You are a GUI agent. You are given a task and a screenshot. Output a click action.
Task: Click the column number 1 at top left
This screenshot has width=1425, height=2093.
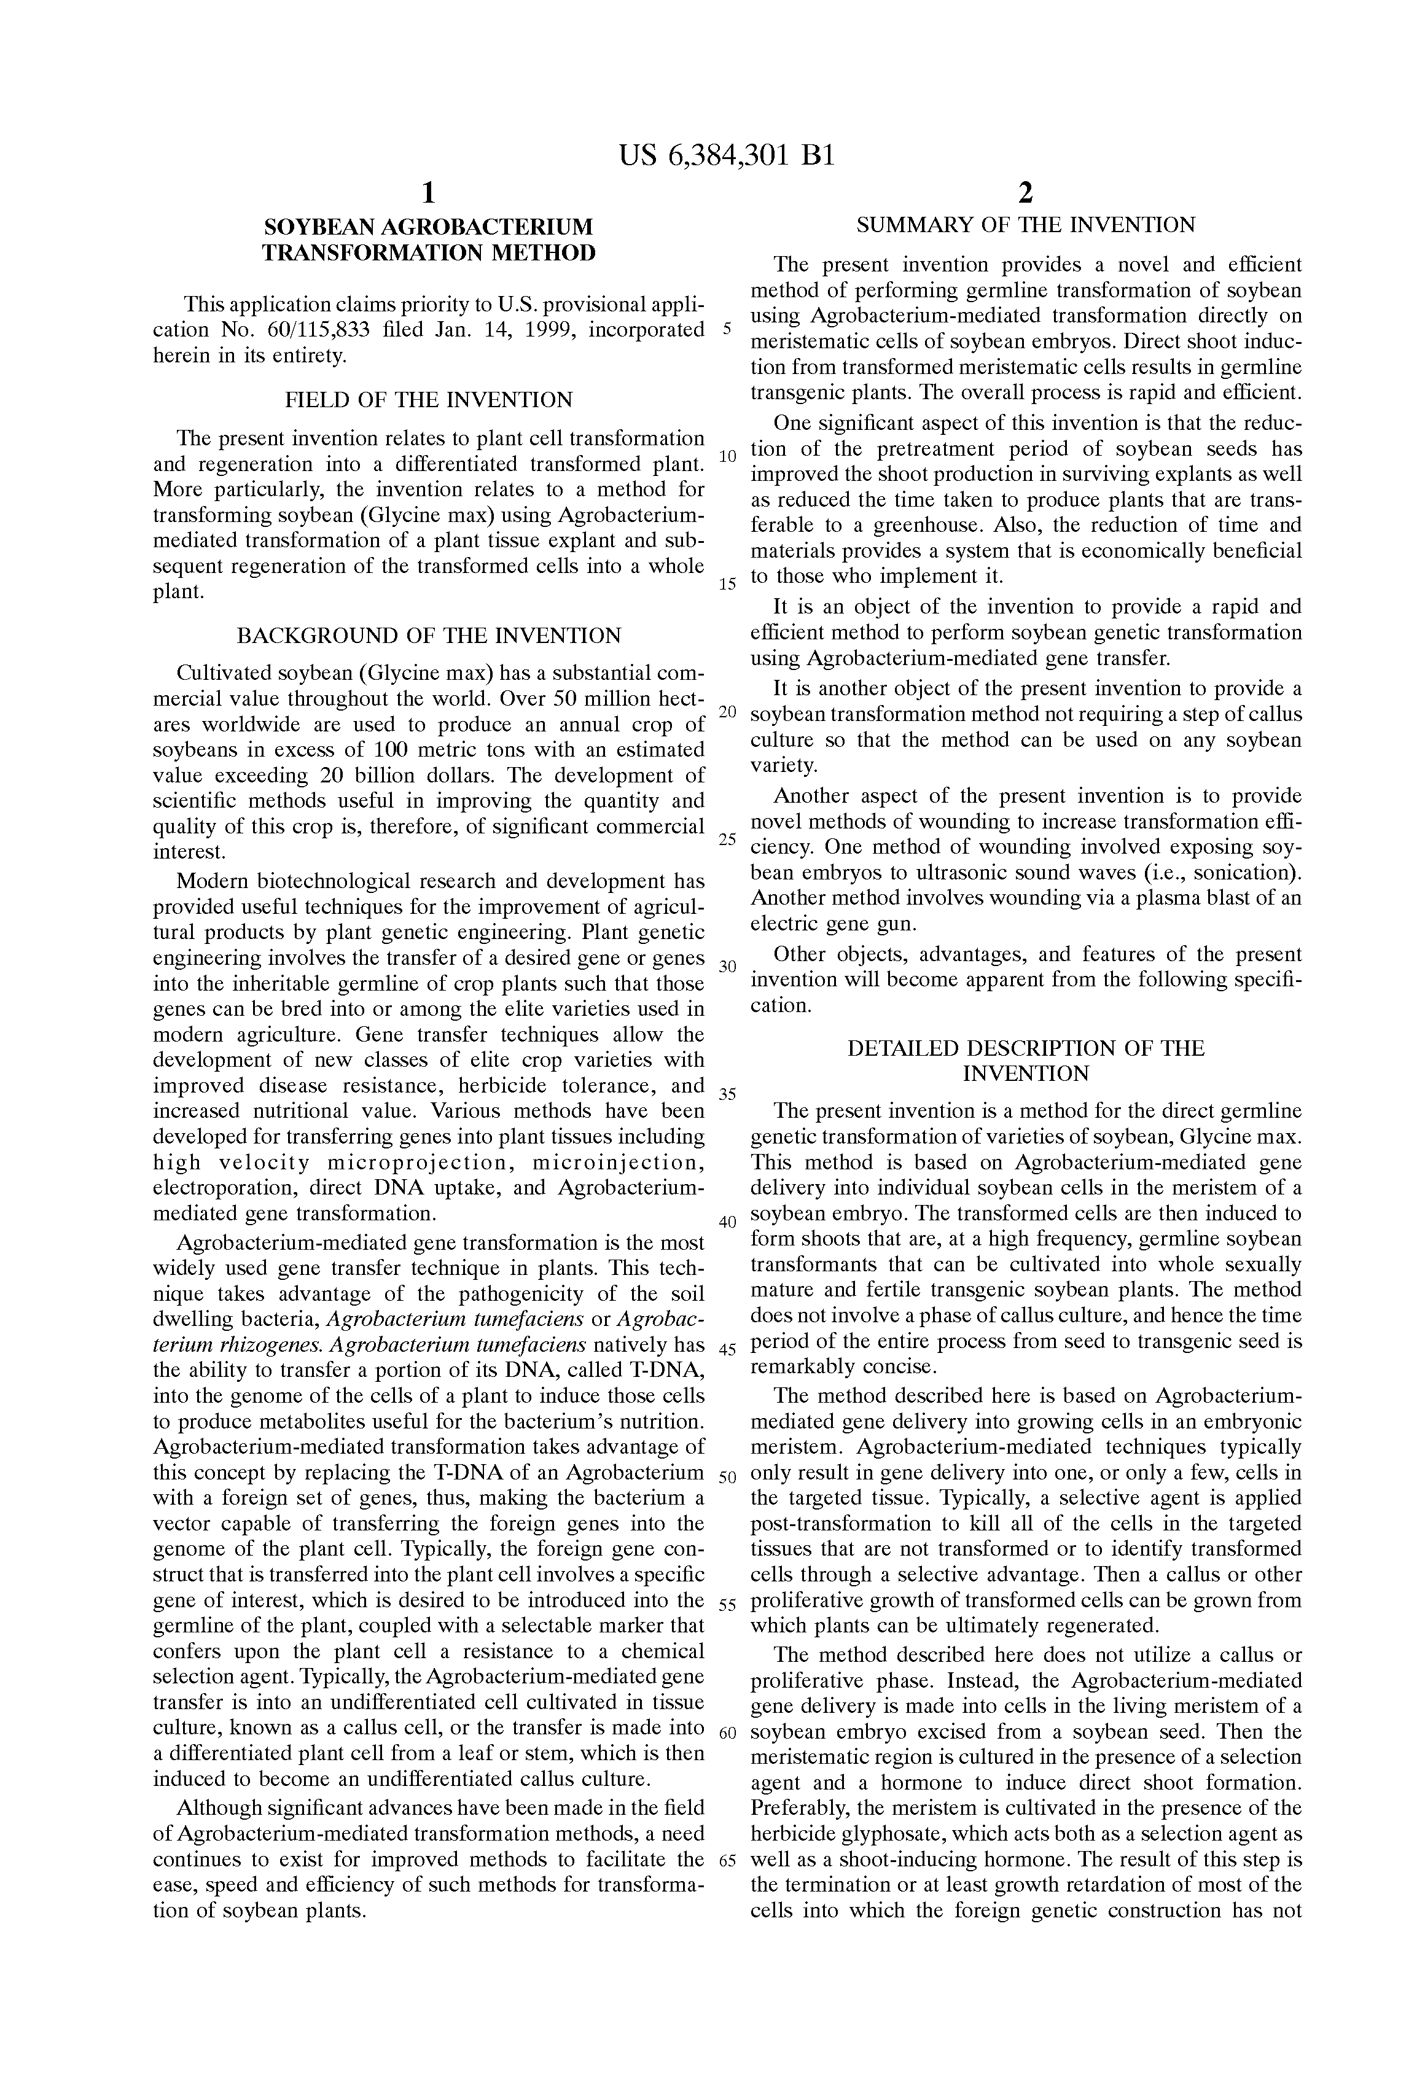point(429,193)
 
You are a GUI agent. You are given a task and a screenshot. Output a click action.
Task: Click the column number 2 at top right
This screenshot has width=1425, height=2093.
point(1025,193)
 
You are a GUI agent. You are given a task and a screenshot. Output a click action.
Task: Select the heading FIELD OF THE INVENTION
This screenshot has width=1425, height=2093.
point(428,400)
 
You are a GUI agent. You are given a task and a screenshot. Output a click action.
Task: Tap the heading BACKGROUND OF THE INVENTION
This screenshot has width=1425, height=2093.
point(428,635)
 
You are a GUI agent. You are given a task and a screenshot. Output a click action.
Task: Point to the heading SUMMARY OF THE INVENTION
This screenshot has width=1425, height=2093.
point(1025,225)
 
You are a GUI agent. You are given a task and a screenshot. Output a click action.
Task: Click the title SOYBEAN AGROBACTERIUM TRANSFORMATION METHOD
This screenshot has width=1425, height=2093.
point(428,240)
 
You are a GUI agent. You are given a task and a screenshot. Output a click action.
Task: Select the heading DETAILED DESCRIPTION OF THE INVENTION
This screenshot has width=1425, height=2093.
point(1025,1061)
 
